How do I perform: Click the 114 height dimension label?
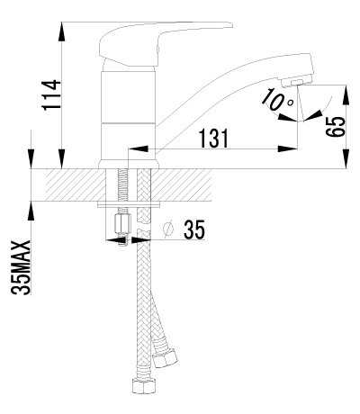[50, 94]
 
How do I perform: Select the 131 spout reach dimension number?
[214, 139]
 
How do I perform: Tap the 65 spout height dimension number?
[336, 127]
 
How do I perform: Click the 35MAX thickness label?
[21, 267]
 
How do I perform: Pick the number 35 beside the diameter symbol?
[194, 229]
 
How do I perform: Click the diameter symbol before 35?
[168, 229]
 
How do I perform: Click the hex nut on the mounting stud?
[123, 224]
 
